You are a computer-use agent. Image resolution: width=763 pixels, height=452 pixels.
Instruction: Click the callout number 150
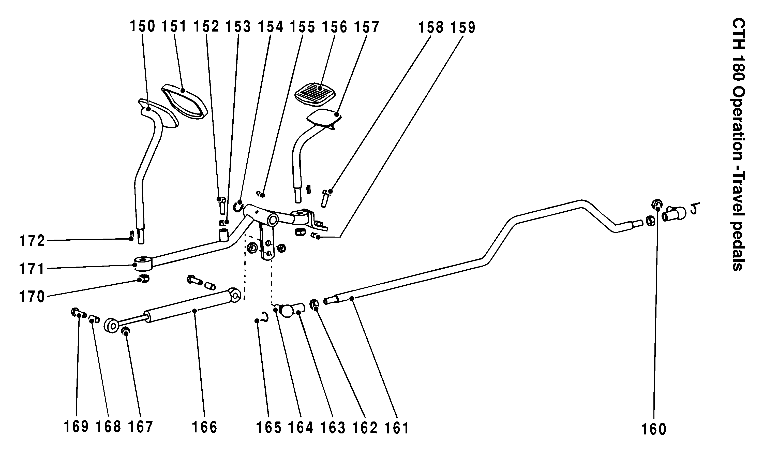(142, 26)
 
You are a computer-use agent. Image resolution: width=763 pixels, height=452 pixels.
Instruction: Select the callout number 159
(463, 27)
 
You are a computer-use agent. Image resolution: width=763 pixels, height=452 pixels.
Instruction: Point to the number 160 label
(654, 429)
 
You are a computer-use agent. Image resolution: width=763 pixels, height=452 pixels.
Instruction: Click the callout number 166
(204, 427)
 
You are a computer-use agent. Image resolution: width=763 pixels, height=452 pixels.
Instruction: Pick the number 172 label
(32, 241)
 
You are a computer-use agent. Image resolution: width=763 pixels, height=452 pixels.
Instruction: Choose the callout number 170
(32, 296)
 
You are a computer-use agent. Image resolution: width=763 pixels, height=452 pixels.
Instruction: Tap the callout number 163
(333, 428)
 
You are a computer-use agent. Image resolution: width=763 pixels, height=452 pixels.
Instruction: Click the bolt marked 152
(221, 205)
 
